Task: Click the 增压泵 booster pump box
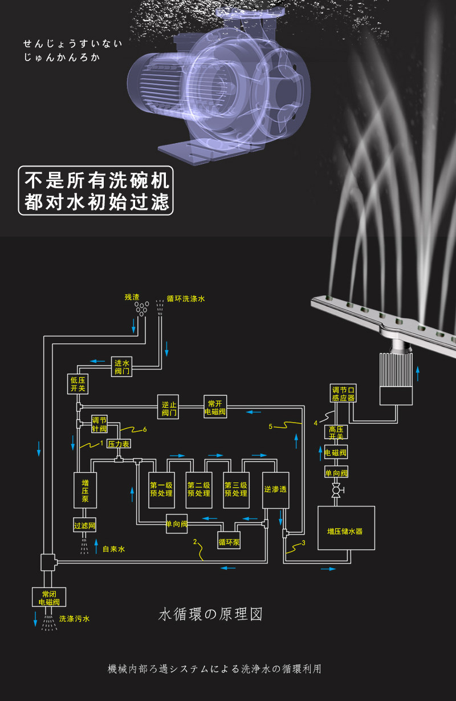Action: (x=85, y=490)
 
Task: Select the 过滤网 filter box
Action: (x=84, y=525)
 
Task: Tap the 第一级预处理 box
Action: (x=161, y=490)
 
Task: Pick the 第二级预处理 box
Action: (x=199, y=490)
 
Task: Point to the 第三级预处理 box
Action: (x=236, y=490)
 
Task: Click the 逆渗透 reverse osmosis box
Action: (x=275, y=490)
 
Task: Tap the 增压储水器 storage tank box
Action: (x=346, y=528)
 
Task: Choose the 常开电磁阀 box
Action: (x=215, y=407)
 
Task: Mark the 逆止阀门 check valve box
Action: (x=168, y=407)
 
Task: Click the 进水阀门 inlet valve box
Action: (x=121, y=367)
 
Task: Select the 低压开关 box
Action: (x=78, y=384)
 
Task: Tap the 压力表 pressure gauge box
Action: (x=119, y=444)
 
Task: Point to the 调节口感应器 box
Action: (x=343, y=394)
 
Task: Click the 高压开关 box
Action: (x=336, y=432)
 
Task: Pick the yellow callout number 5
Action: (x=271, y=426)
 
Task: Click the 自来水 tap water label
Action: (x=114, y=549)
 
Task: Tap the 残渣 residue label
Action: (x=132, y=297)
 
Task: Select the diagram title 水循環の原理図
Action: (x=210, y=614)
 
